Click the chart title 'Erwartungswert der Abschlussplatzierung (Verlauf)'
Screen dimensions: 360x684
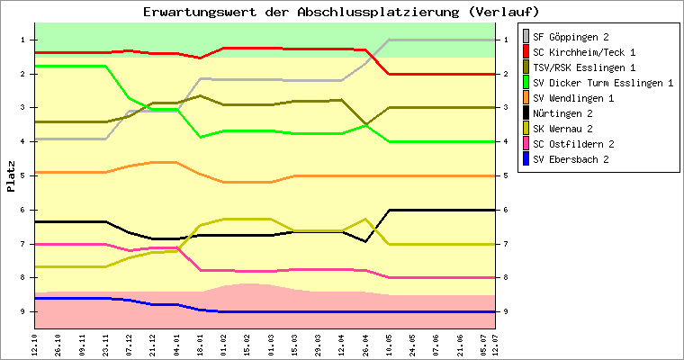click(341, 12)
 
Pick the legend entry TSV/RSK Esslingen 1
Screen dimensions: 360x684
click(585, 67)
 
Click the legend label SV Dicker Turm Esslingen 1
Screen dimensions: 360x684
click(603, 83)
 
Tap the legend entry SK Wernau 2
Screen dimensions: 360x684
click(568, 129)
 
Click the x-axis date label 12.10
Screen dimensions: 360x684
click(34, 344)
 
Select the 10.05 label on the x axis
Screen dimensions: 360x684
click(389, 344)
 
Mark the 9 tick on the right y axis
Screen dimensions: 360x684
click(506, 311)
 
